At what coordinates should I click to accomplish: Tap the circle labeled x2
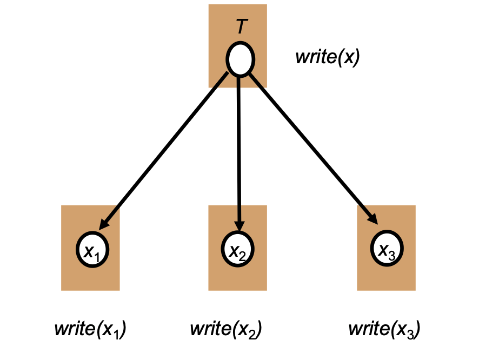point(238,250)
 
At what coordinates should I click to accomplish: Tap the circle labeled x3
point(387,250)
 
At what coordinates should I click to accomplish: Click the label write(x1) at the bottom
point(90,329)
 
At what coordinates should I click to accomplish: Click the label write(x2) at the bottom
point(226,329)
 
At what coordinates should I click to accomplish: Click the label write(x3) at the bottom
point(384,329)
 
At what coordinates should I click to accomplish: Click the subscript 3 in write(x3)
point(413,334)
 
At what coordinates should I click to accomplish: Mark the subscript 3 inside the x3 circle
point(393,255)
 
